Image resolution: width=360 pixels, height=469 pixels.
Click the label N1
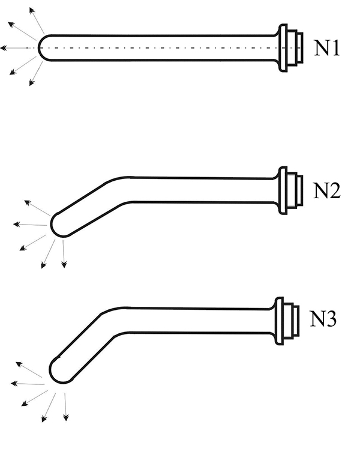click(327, 48)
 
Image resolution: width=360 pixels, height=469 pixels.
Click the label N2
click(326, 190)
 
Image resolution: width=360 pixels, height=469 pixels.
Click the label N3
click(323, 318)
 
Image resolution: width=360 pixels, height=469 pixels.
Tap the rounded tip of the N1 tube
click(40, 48)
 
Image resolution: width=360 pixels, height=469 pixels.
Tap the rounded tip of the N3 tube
click(52, 372)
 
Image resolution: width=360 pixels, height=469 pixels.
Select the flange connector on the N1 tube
click(290, 48)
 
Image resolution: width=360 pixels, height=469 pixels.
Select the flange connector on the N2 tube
click(290, 190)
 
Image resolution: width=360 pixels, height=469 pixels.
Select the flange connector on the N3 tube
click(286, 321)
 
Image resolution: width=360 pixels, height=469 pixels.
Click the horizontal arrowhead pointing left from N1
click(4, 48)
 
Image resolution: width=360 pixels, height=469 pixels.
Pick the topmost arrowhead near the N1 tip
click(32, 11)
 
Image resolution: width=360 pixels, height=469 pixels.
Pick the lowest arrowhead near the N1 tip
click(32, 82)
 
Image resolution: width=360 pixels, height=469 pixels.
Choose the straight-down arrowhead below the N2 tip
click(64, 264)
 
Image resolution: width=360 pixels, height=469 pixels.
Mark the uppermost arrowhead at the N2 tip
click(28, 203)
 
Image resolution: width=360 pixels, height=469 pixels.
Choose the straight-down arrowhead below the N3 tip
click(66, 417)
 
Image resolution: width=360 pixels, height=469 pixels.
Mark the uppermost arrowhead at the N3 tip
click(19, 364)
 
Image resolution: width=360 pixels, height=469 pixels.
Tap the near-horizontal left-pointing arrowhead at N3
click(14, 383)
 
